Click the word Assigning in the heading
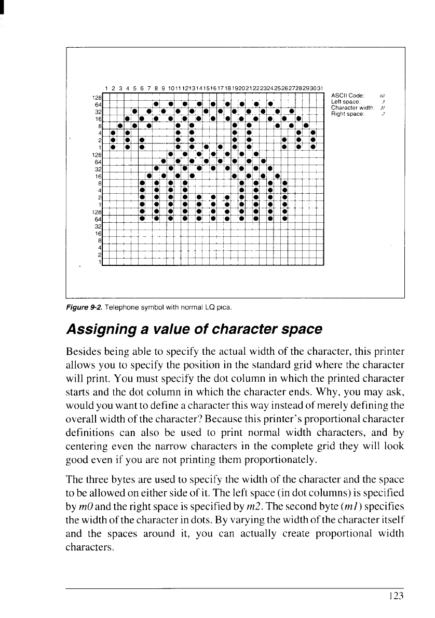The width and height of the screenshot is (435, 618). tap(101, 328)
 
